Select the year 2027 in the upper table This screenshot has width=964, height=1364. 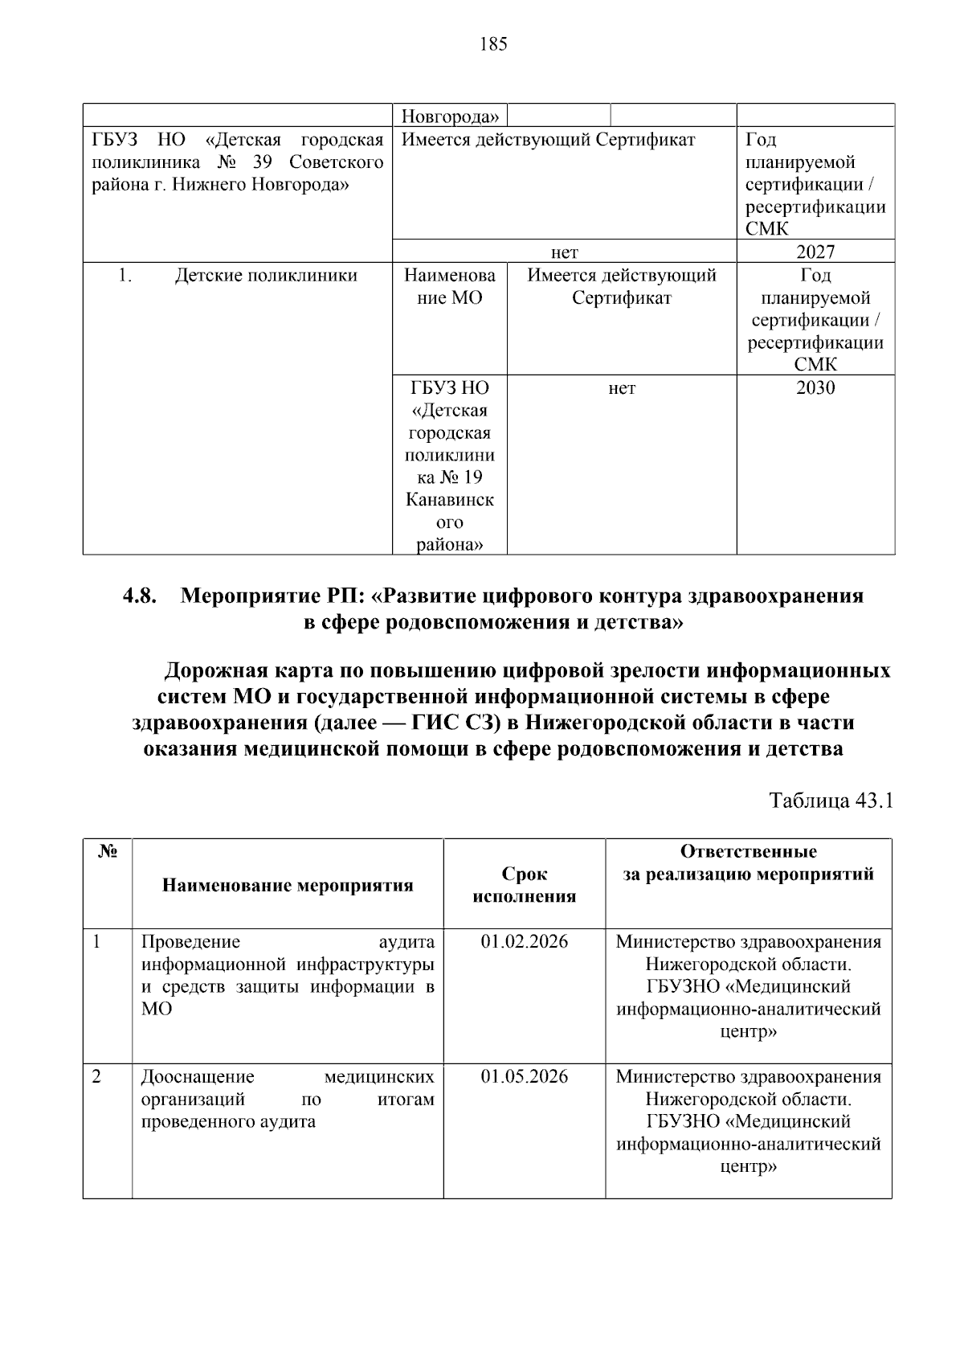point(815,252)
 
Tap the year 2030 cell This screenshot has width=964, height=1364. point(815,388)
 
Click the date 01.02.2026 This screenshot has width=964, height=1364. point(524,941)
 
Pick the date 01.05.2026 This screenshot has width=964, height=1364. point(524,1076)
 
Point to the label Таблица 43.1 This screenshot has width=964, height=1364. point(831,801)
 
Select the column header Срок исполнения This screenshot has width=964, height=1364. point(524,885)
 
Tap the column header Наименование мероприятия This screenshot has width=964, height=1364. point(288,886)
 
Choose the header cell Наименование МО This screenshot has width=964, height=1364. point(449,287)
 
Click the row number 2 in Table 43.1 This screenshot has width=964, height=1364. point(96,1076)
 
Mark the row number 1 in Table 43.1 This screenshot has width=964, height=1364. point(96,941)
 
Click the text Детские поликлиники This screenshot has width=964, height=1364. point(266,276)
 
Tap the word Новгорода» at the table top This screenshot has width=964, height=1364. point(450,117)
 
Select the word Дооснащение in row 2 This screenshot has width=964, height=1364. point(198,1076)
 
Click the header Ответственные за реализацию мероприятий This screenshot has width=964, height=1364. point(748,862)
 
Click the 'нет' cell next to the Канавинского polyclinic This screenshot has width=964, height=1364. point(621,388)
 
